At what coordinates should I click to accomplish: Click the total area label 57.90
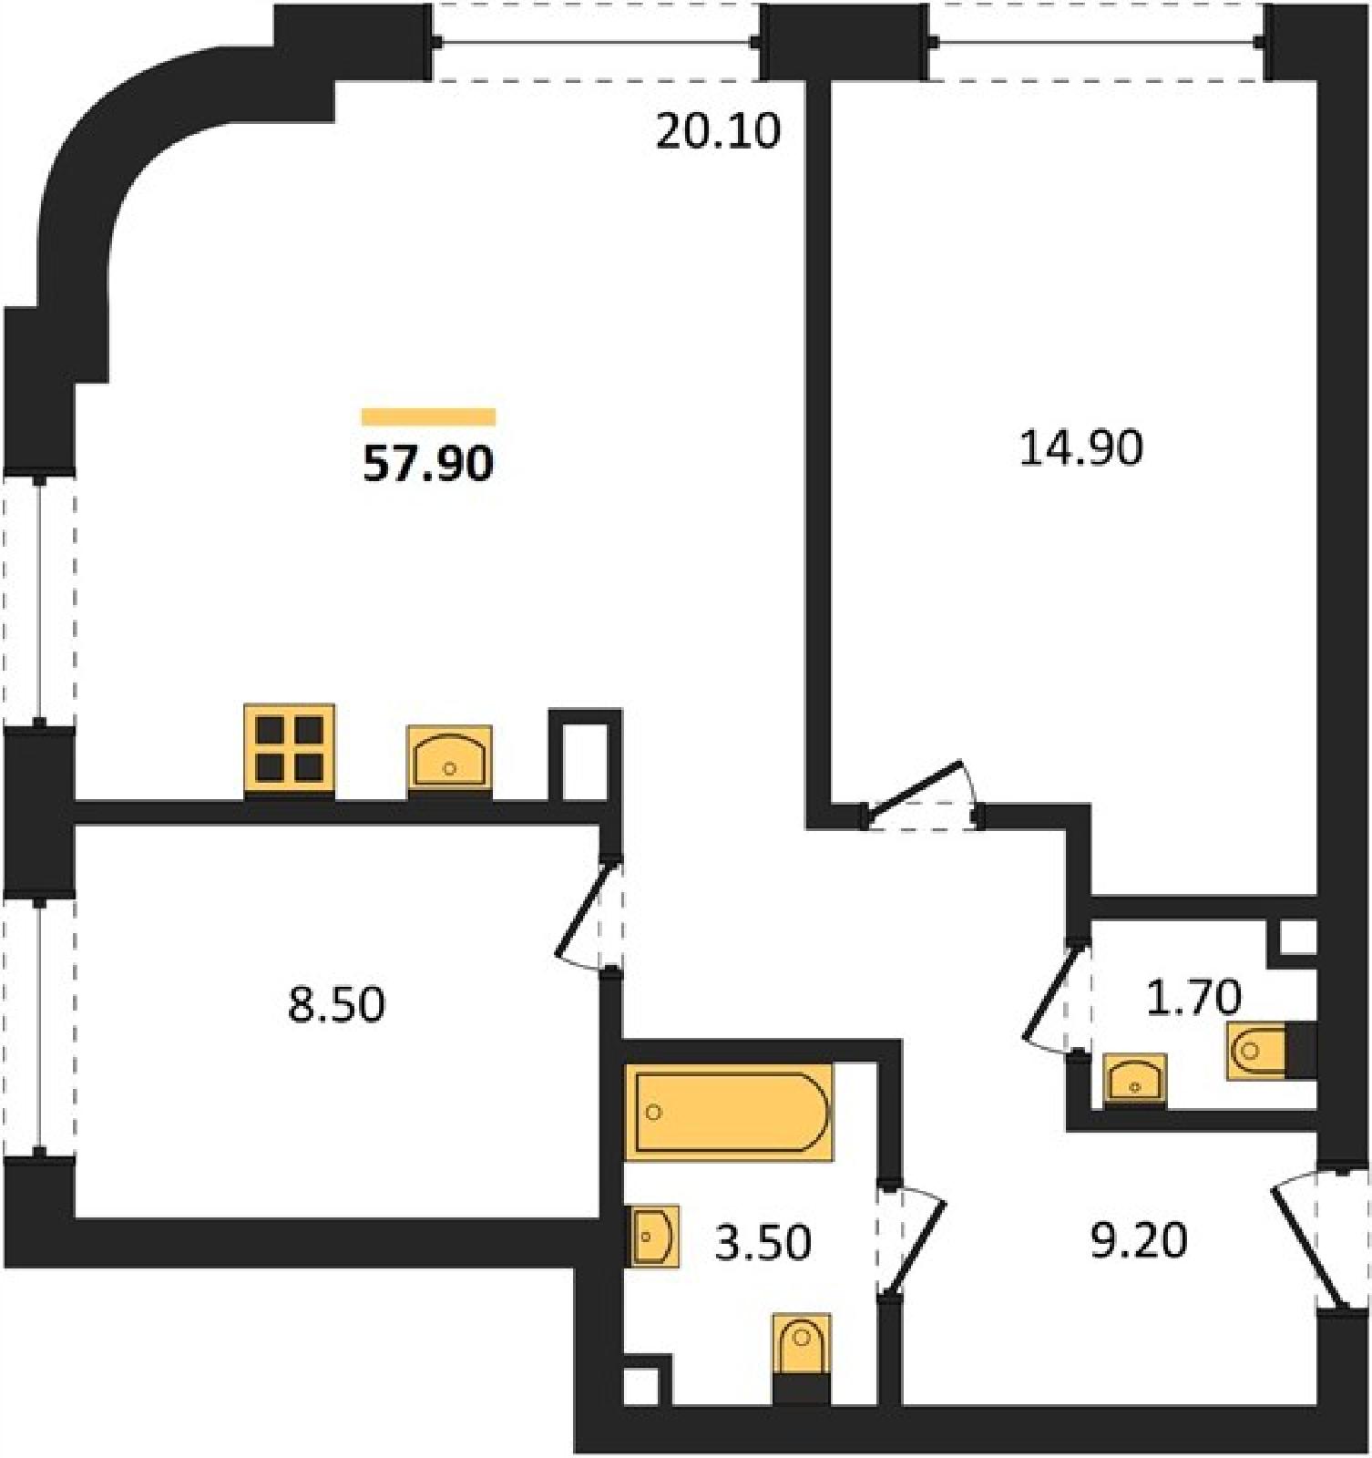coord(428,464)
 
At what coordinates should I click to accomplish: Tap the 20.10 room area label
coord(718,131)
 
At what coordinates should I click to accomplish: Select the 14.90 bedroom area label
coord(1080,449)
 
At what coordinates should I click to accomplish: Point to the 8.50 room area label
coord(336,1005)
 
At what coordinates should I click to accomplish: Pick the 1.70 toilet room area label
coord(1193,998)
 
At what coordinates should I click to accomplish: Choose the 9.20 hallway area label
coord(1139,1240)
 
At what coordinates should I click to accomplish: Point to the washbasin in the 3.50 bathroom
coord(653,1237)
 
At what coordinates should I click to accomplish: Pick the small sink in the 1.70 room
coord(1135,1080)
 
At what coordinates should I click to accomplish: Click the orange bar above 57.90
coord(428,417)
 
